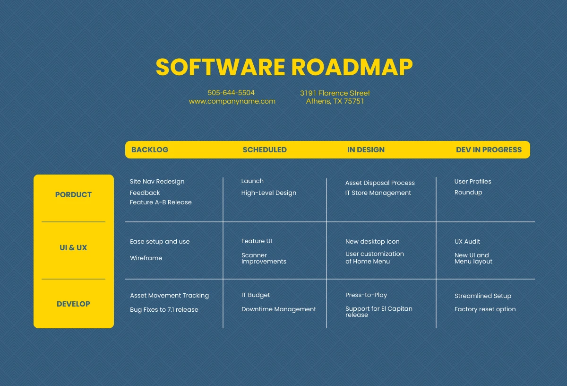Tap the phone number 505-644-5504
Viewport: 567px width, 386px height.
231,93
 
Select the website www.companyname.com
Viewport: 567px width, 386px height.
232,101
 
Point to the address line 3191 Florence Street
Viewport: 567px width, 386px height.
335,93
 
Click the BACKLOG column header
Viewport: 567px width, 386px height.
150,150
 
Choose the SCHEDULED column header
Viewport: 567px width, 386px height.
265,150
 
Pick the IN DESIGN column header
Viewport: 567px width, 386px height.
366,150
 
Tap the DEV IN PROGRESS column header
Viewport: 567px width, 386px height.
489,150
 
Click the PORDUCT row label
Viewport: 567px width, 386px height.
73,194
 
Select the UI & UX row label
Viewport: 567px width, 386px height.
73,247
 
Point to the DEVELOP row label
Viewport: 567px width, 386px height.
73,304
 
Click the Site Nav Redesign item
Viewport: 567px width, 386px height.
157,182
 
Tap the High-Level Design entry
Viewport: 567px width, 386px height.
268,193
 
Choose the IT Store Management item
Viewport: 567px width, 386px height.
378,193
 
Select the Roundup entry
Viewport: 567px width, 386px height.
468,193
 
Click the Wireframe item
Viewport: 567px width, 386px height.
146,258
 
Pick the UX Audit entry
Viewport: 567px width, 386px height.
467,242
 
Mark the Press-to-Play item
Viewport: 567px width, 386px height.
366,295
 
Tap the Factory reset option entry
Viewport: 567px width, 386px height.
485,309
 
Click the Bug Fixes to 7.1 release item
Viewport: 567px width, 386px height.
164,310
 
